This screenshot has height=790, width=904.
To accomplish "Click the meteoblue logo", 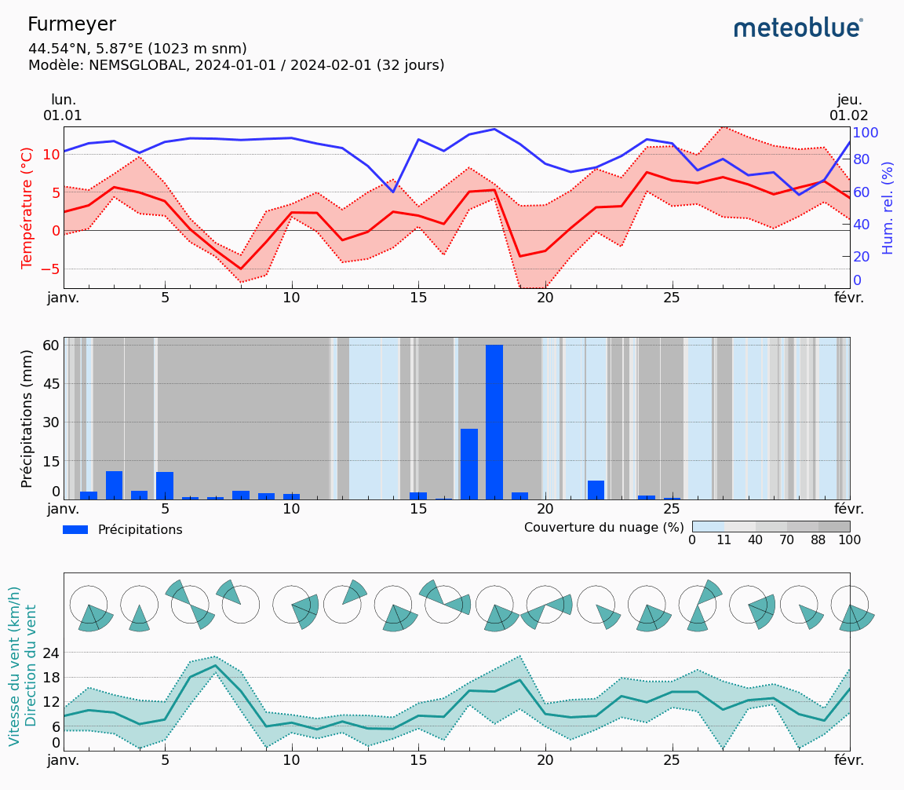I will pos(798,28).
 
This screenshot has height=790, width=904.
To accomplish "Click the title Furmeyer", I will pos(71,24).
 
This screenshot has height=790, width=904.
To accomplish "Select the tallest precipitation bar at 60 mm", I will pos(494,422).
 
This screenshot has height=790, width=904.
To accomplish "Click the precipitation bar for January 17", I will pos(469,463).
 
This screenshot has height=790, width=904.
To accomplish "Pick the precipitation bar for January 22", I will pos(596,489).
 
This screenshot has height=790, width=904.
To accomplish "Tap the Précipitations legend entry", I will pos(122,530).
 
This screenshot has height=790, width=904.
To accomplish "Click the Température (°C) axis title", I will pos(27,207).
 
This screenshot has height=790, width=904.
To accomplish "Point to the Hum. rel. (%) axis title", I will pos(888,207).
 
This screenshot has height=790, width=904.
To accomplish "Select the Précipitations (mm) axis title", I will pos(27,414).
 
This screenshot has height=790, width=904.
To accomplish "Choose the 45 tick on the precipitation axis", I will pos(50,384).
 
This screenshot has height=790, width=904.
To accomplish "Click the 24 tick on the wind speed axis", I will pos(50,653).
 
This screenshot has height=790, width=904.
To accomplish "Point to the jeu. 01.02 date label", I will pos(848,108).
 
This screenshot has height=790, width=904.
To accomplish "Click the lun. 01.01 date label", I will pos(63,108).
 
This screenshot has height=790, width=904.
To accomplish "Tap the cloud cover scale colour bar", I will pos(771,526).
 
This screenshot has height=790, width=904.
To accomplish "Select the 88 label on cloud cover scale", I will pos(818,540).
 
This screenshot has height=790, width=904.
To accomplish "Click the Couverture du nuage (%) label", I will pos(604,527).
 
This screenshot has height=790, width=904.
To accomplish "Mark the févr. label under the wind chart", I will pos(848,760).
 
